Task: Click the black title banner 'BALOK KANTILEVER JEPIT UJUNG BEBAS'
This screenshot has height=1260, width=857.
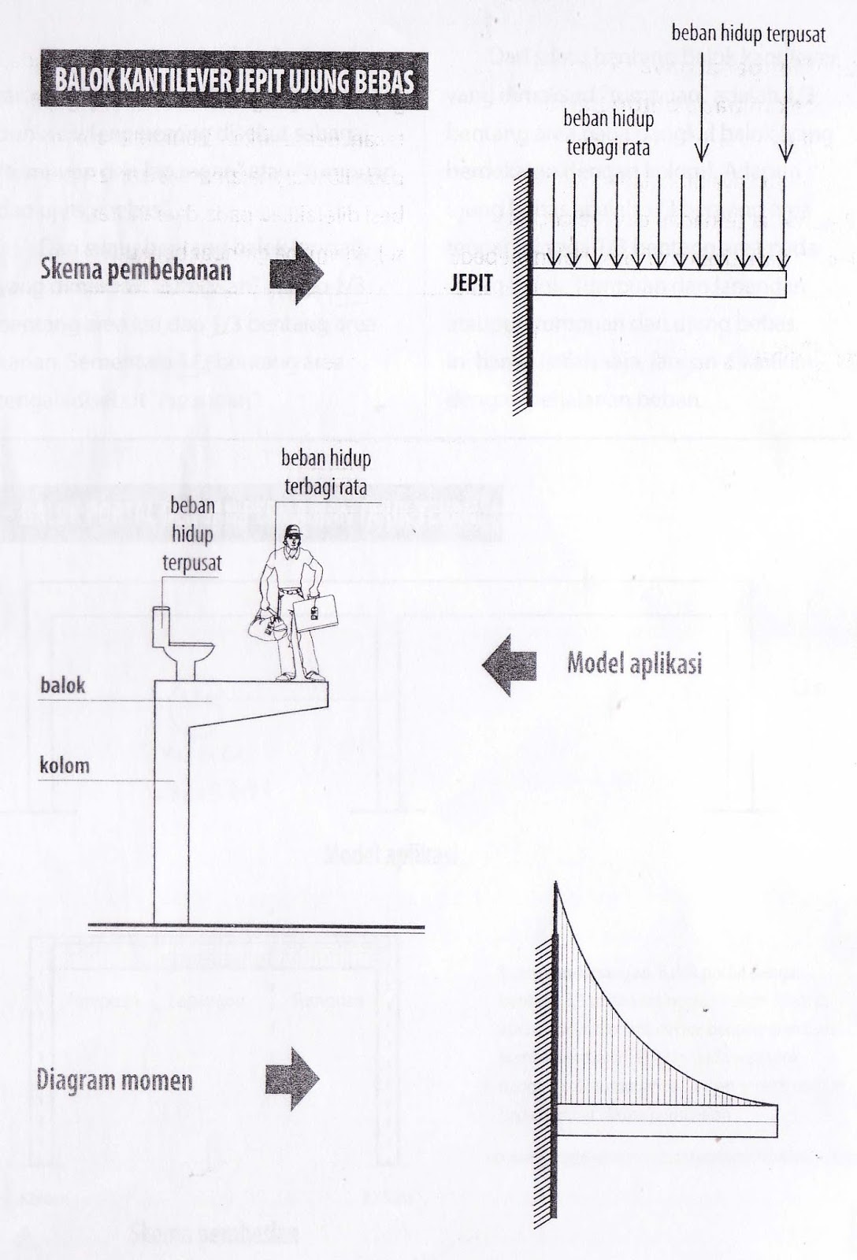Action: click(x=234, y=80)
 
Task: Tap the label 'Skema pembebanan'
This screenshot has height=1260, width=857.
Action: click(x=136, y=269)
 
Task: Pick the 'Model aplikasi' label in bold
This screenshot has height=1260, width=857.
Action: click(x=634, y=664)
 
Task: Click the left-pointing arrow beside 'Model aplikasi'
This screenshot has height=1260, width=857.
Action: click(x=510, y=666)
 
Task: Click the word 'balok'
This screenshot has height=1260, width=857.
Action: click(x=63, y=685)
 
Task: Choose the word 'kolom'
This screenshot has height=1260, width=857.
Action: click(x=65, y=765)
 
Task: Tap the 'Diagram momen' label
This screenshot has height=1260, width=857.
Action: click(x=115, y=1080)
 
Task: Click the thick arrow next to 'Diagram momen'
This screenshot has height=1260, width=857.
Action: click(x=292, y=1079)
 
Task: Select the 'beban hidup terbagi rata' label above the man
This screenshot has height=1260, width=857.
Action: click(x=326, y=472)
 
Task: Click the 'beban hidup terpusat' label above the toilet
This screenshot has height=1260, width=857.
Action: click(x=192, y=534)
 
